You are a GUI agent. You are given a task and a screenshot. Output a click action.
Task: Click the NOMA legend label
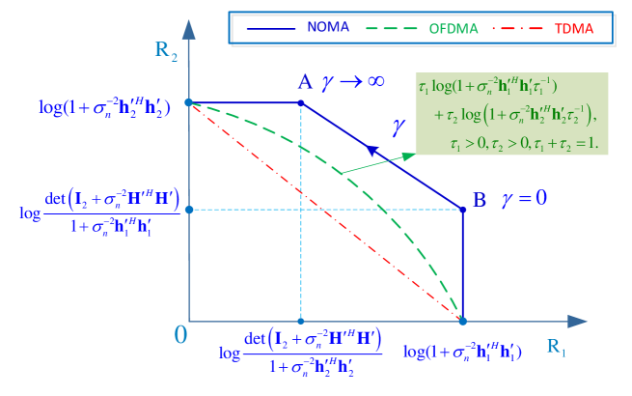[x=328, y=28]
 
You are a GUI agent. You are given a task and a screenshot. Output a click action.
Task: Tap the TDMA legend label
[x=574, y=28]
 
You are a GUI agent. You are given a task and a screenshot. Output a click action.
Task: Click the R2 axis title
[x=166, y=50]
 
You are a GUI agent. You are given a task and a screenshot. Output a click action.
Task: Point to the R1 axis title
[x=557, y=347]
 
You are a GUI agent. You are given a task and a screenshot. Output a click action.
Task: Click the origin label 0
[x=180, y=335]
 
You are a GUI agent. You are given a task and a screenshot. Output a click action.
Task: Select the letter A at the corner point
[x=305, y=82]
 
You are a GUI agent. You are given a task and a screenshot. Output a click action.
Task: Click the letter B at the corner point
[x=480, y=200]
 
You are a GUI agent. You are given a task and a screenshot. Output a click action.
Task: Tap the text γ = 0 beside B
[x=524, y=199]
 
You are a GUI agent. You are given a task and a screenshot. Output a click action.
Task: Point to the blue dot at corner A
[x=302, y=102]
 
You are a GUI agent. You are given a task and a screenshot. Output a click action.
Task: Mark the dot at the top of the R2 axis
[x=189, y=102]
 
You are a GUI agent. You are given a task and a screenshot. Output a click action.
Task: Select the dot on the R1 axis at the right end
[x=462, y=321]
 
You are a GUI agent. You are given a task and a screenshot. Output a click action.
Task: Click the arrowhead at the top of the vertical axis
[x=189, y=27]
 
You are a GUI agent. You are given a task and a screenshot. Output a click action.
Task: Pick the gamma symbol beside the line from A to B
[x=398, y=126]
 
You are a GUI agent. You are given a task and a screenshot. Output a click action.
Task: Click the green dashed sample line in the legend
[x=397, y=28]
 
